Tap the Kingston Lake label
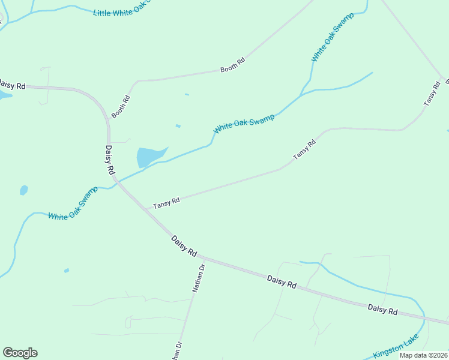point(396,347)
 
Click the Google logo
point(20,353)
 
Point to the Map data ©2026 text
point(423,355)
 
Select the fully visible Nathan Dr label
point(199,278)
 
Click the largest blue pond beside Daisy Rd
point(148,157)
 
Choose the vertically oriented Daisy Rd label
point(109,160)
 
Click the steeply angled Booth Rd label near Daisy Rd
point(121,107)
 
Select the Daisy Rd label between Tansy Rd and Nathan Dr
point(184,246)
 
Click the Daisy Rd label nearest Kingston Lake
point(383,310)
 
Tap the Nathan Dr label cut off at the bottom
point(176,351)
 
